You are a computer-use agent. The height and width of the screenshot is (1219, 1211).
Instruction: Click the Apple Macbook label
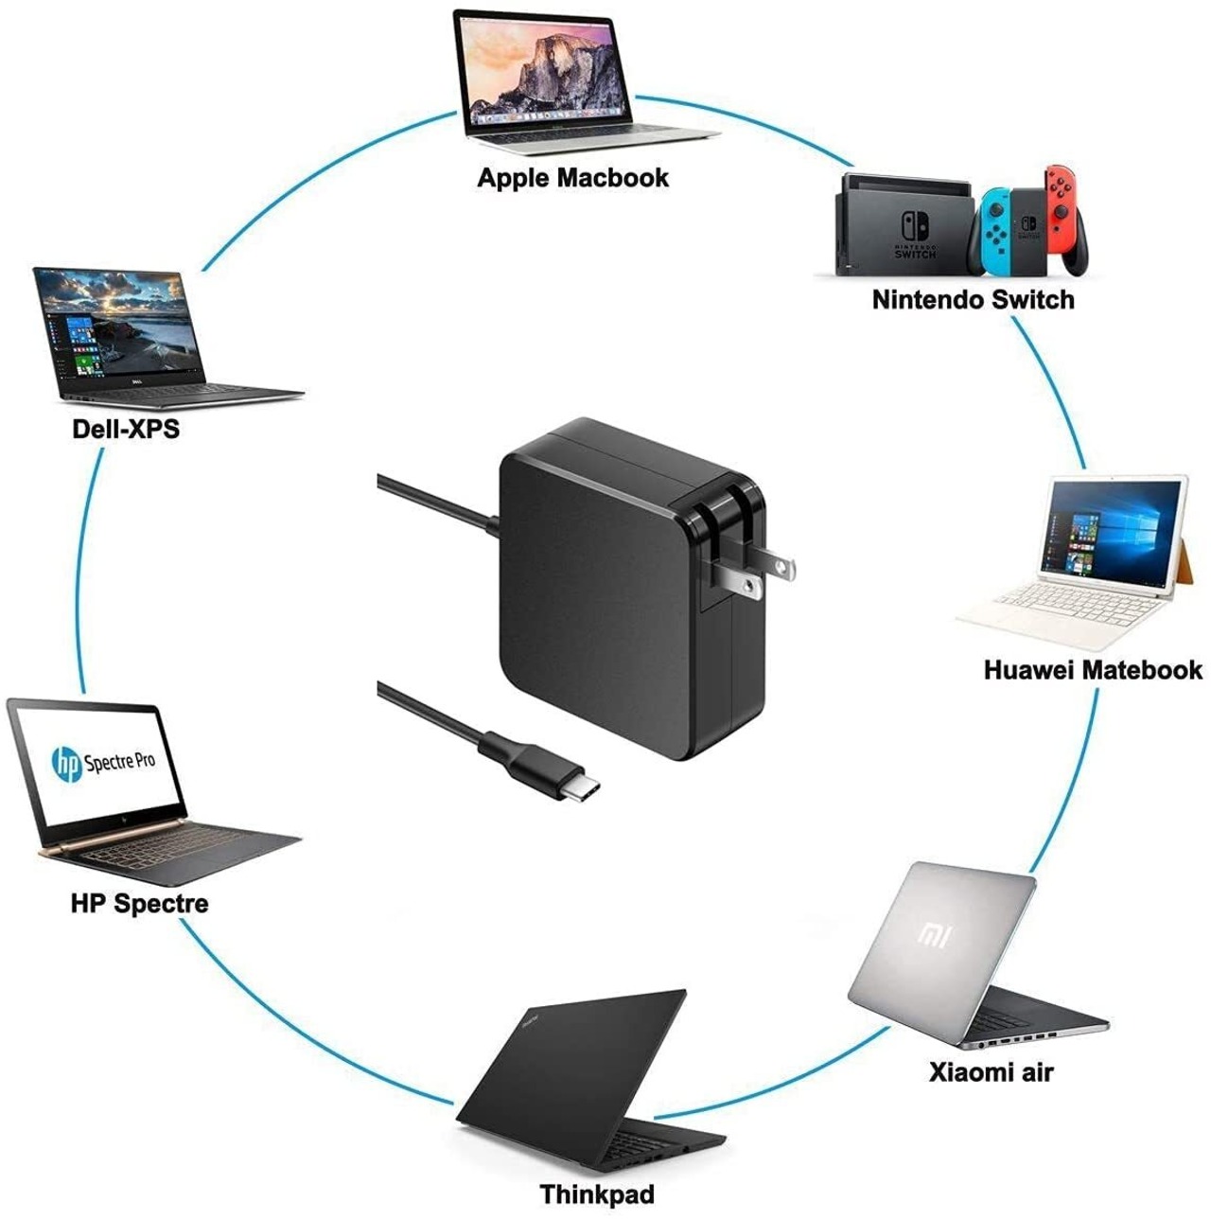pyautogui.click(x=572, y=178)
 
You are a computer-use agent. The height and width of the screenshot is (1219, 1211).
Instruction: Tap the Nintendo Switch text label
pyautogui.click(x=973, y=300)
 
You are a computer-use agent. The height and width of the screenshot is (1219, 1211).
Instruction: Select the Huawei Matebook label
pyautogui.click(x=1093, y=670)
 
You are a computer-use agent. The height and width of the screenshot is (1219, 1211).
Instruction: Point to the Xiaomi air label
pyautogui.click(x=991, y=1072)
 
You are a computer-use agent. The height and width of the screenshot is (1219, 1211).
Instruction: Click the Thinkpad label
pyautogui.click(x=597, y=1193)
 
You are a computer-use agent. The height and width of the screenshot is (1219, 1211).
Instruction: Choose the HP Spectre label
pyautogui.click(x=139, y=903)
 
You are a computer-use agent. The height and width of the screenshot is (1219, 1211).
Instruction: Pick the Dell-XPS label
pyautogui.click(x=126, y=429)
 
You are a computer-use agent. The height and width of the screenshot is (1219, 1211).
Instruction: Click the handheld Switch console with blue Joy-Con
pyautogui.click(x=1012, y=227)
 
